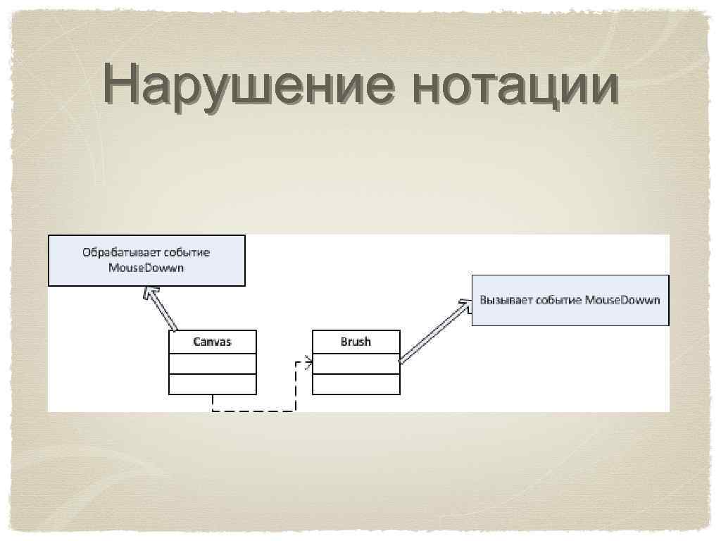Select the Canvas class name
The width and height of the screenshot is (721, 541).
pyautogui.click(x=212, y=342)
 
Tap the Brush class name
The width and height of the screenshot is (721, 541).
pyautogui.click(x=356, y=342)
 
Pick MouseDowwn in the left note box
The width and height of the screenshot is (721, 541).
pyautogui.click(x=146, y=268)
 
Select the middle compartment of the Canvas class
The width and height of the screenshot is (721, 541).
pyautogui.click(x=212, y=363)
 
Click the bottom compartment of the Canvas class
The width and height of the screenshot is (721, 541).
pyautogui.click(x=212, y=384)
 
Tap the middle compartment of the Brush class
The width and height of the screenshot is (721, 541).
pyautogui.click(x=356, y=363)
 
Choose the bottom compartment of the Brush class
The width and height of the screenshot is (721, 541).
pyautogui.click(x=356, y=384)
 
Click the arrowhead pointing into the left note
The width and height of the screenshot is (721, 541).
pyautogui.click(x=148, y=291)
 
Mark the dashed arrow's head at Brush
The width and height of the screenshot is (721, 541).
pyautogui.click(x=308, y=363)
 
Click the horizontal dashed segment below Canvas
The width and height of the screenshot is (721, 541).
pyautogui.click(x=253, y=410)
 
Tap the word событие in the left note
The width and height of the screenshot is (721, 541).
pyautogui.click(x=187, y=252)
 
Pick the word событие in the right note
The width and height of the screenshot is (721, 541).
pyautogui.click(x=559, y=300)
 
